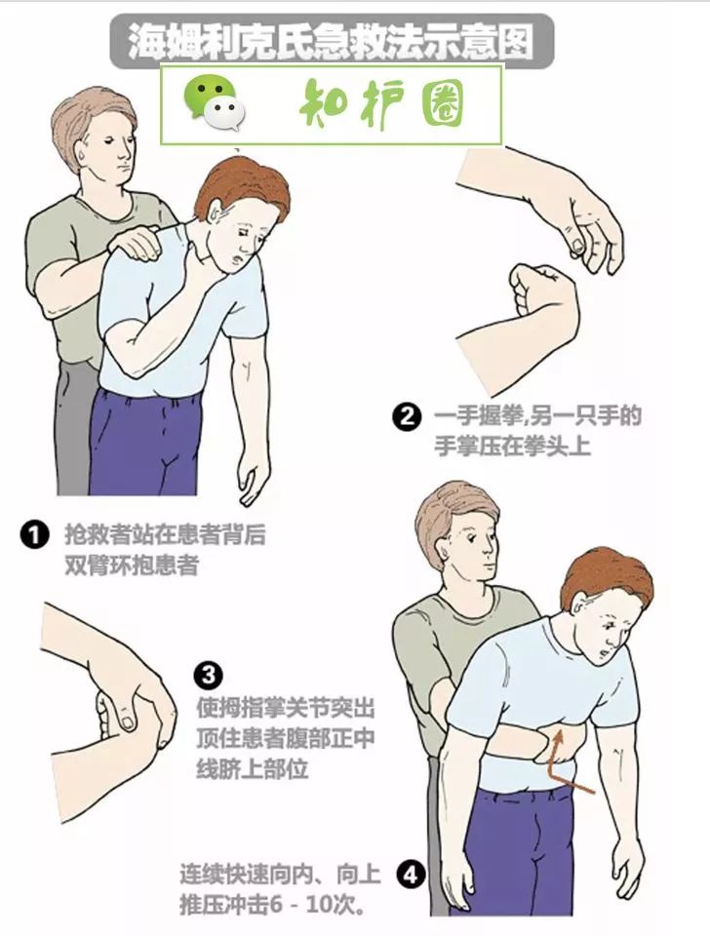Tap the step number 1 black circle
tap(34, 535)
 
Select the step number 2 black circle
tap(406, 418)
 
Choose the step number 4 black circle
tap(410, 876)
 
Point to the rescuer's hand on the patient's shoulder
tap(134, 238)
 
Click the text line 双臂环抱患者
tap(131, 565)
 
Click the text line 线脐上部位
tap(253, 767)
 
